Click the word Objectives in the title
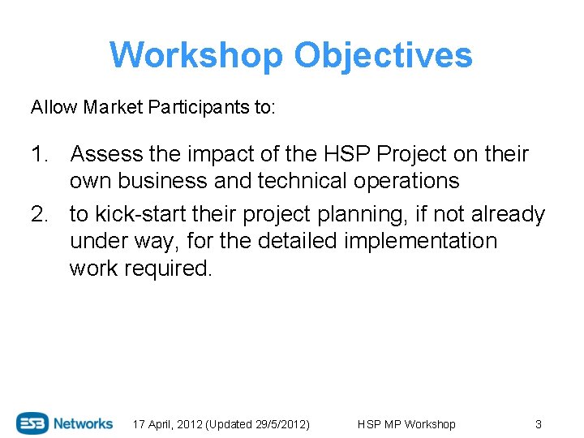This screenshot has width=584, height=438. point(383,56)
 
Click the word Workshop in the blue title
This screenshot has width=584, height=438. point(195,56)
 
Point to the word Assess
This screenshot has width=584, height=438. point(105,154)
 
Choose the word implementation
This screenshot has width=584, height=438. point(416,241)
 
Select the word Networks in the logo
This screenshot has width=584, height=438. point(84,423)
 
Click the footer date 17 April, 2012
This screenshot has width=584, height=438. point(168,424)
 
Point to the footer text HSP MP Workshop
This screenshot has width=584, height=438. point(406,424)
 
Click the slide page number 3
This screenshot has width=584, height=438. point(538,424)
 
